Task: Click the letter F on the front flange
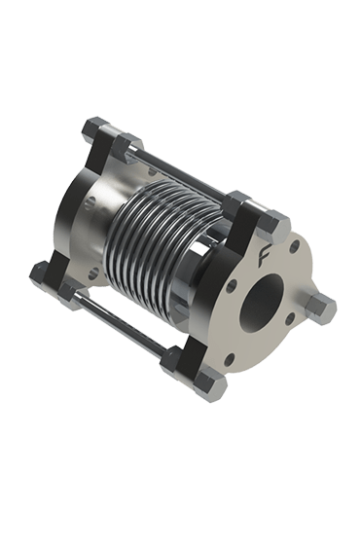pos(265,256)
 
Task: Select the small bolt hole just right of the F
pos(294,246)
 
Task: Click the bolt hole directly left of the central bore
pos(231,286)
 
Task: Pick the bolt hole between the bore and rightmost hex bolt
pos(290,318)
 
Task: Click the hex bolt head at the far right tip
pos(321,309)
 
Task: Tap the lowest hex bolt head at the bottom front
pos(210,385)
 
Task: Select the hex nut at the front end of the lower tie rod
pos(173,361)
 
